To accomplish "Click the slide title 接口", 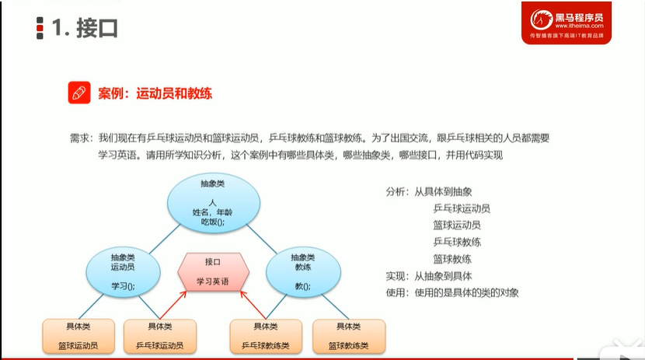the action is pos(97,28).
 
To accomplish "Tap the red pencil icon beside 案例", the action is pos(79,93).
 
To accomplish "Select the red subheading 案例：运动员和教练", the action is pos(155,93).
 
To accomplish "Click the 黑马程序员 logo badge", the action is pos(566,23).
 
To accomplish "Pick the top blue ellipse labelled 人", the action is pos(213,203).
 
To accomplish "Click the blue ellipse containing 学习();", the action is pos(123,271).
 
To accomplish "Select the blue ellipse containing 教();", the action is pos(303,271).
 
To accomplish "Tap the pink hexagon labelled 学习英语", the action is pos(213,272).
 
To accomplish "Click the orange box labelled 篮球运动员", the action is pos(78,336).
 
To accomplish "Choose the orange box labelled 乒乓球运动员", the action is pos(160,336).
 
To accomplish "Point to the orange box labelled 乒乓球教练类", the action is pos(266,336).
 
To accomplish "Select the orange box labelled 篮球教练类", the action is pos(349,336).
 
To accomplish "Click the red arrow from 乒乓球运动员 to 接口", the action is pos(173,305).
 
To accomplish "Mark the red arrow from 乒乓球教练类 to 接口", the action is pos(253,305).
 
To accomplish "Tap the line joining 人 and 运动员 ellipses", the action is pos(165,239).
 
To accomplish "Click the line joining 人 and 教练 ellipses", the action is pos(261,239).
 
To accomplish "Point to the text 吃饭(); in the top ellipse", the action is pos(213,222).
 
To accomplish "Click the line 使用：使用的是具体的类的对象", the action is pos(452,293).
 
